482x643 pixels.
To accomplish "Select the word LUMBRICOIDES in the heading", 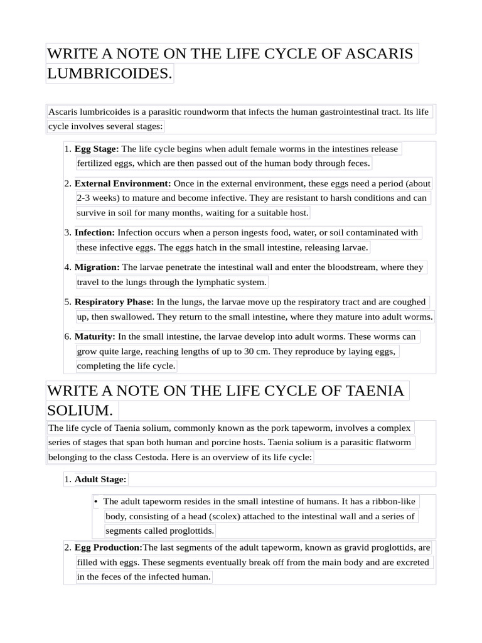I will tap(108, 73).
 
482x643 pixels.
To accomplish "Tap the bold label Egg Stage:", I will tap(97, 149).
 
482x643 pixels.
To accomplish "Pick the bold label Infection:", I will tap(95, 232).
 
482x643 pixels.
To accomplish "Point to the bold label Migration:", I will tap(97, 267).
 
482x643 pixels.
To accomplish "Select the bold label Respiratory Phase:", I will tap(114, 301).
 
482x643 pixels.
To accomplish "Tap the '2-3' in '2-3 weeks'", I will tap(85, 198).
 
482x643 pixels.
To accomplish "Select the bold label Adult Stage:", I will tap(100, 479).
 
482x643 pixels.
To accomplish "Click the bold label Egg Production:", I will tap(109, 547).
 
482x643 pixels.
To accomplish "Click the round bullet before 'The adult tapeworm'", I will tap(95, 502).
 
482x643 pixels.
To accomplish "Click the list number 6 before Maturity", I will tap(67, 337).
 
